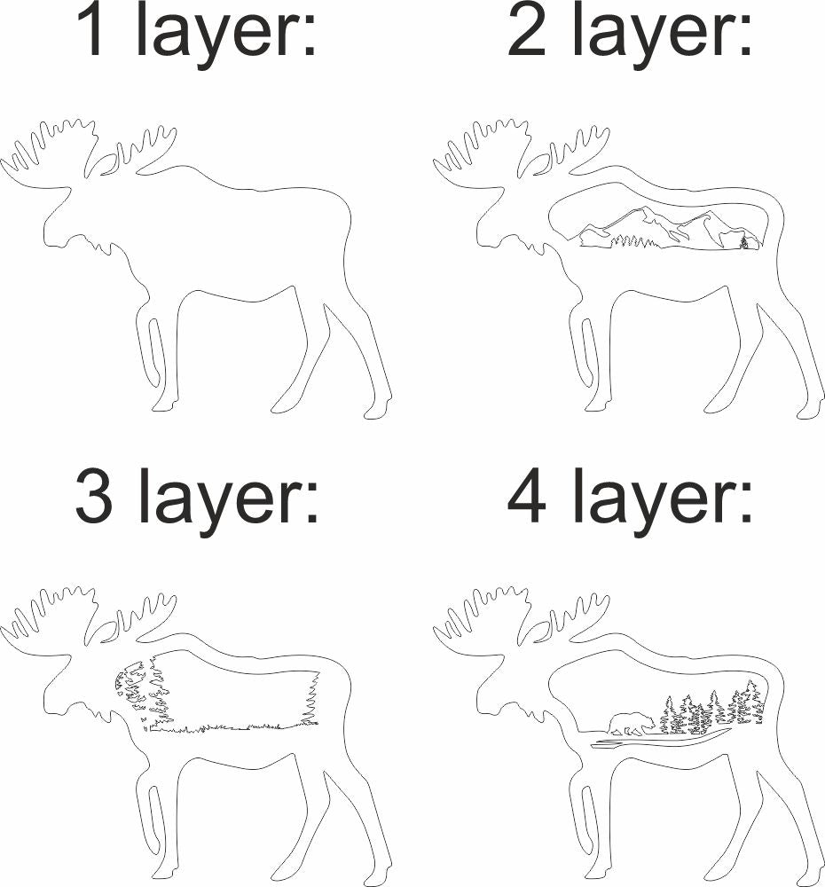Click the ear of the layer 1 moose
click(x=109, y=165)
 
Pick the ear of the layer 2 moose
click(x=542, y=165)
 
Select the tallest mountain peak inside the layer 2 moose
click(x=645, y=209)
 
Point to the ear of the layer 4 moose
click(x=542, y=632)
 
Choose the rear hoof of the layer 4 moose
click(x=810, y=877)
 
